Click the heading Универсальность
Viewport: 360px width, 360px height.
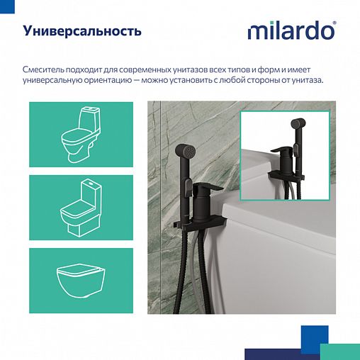point(82,31)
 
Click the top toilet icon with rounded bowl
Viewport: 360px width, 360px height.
point(81,135)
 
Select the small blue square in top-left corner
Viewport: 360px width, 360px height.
point(3,3)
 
